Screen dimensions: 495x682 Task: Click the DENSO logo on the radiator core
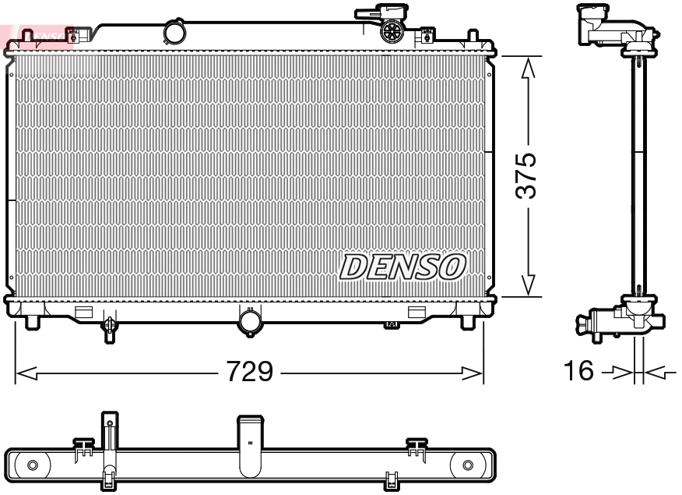coord(403,267)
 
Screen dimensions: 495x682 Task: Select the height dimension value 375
coord(528,176)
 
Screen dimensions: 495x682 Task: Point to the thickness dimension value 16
coord(578,372)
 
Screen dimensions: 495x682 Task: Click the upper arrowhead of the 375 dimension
coord(529,67)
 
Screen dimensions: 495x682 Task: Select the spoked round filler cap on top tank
coord(392,32)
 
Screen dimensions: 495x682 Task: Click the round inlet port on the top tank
coord(175,33)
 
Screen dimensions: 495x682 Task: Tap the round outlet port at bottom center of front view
coord(251,321)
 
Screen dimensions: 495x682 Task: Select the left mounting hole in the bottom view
coord(32,465)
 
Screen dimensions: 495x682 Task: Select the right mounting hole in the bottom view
coord(467,465)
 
